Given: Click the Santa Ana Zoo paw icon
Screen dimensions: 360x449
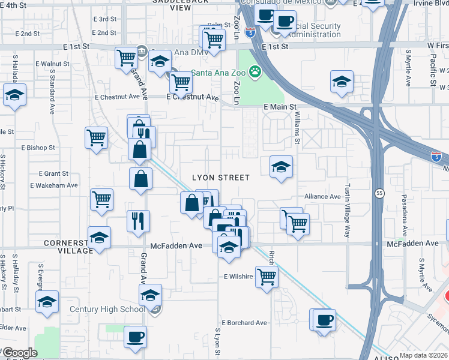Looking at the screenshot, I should click(x=256, y=72).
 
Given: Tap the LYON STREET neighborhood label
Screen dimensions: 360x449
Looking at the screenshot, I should click(x=220, y=178).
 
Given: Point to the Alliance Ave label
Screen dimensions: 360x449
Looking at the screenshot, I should click(x=322, y=196).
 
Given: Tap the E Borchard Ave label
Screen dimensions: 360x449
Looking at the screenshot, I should click(x=245, y=323).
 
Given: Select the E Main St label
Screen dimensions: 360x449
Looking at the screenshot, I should click(x=280, y=107).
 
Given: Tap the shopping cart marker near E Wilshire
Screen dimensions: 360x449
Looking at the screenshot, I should click(x=267, y=277).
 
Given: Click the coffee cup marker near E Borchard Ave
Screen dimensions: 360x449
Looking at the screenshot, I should click(x=324, y=319).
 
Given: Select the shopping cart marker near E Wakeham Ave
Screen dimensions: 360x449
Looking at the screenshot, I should click(x=101, y=199).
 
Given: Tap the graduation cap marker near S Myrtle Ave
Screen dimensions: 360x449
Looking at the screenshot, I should click(x=342, y=81).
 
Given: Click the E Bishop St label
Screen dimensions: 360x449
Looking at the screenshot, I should click(x=38, y=147).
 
